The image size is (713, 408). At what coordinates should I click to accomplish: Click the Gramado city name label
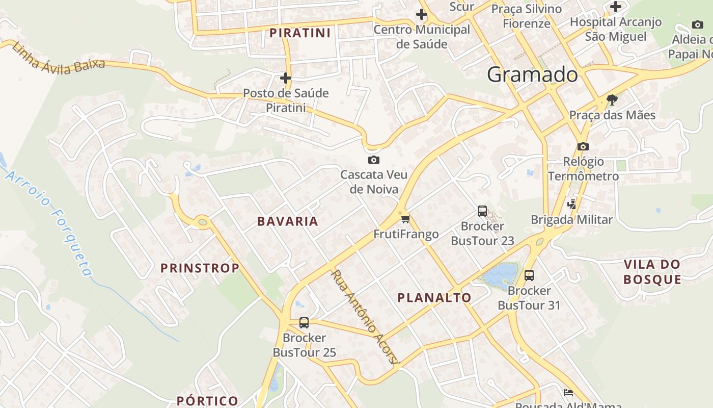(532, 75)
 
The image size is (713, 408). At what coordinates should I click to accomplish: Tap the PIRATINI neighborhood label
(300, 33)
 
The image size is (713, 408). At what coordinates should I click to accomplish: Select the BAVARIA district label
(288, 221)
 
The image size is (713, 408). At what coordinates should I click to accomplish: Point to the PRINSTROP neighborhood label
(200, 268)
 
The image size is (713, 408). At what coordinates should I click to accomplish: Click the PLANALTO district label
(434, 298)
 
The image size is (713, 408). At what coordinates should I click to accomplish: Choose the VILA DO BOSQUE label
(652, 272)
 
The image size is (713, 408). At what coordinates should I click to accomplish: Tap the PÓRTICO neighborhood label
(207, 401)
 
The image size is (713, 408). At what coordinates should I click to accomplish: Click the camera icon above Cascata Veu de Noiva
(373, 160)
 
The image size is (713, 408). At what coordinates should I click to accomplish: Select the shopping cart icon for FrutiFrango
(405, 219)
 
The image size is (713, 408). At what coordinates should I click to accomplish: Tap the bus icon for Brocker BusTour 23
(482, 211)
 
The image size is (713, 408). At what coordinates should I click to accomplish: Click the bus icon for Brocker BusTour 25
(304, 323)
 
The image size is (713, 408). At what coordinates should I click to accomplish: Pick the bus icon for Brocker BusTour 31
(529, 275)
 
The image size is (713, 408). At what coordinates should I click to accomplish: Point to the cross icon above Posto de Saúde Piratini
(286, 78)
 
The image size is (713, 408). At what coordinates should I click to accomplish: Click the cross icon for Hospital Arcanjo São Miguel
(616, 7)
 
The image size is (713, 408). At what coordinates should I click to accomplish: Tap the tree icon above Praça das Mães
(612, 99)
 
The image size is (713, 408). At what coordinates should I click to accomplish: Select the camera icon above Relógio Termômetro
(583, 147)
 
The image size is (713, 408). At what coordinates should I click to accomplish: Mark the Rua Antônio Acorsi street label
(363, 316)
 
